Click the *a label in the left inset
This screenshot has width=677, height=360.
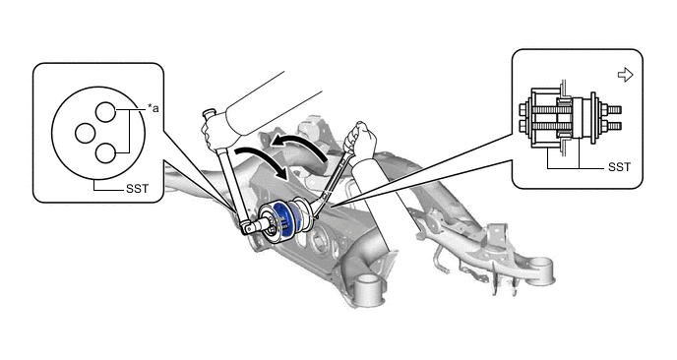154,108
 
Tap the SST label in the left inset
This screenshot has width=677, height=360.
138,189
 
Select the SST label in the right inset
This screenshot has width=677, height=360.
620,167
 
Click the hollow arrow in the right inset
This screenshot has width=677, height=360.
625,75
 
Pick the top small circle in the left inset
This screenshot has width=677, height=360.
105,112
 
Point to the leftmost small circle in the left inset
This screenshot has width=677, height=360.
85,133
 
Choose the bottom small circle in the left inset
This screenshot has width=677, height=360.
105,153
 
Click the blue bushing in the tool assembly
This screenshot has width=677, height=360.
285,220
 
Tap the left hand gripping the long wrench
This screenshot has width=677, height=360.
215,131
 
